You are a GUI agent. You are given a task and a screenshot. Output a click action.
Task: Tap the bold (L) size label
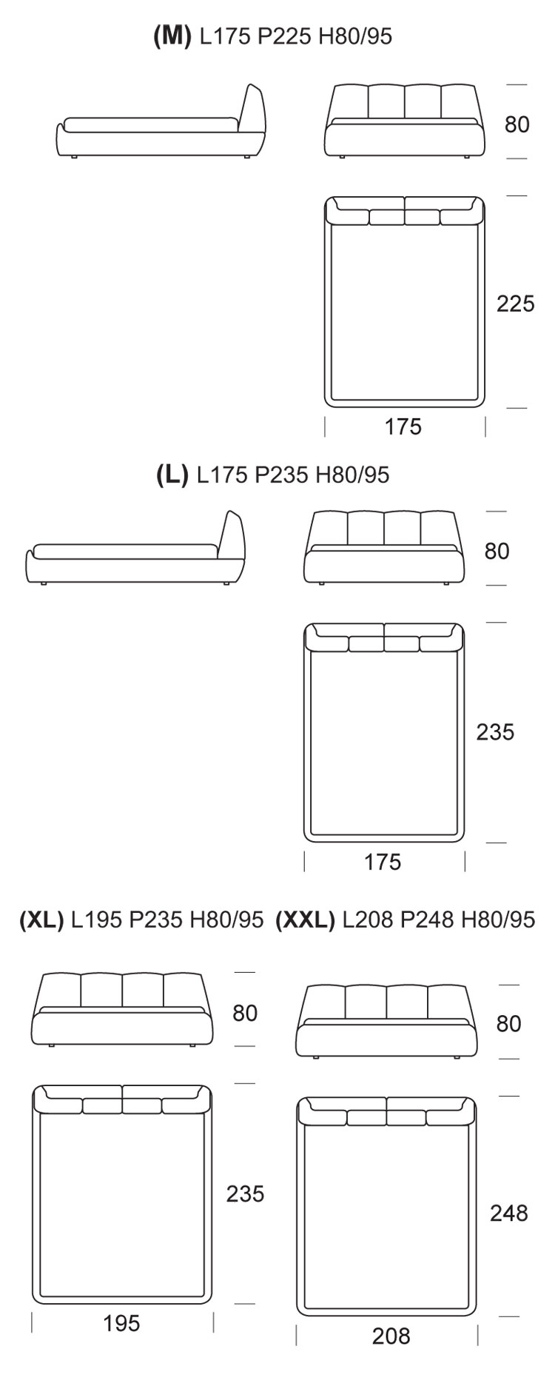pos(172,475)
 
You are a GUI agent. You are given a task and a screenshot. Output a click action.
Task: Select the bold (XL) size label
pos(41,920)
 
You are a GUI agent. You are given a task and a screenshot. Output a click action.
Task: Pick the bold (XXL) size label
pos(305,920)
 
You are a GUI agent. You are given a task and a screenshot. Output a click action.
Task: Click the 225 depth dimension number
pos(515,304)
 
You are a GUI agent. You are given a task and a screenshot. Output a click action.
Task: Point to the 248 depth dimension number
pos(509,1213)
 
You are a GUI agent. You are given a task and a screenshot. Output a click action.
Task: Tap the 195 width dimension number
pos(121,1323)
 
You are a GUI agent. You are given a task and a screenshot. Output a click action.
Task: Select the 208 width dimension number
pos(391,1336)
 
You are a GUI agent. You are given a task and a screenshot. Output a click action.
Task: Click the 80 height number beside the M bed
pos(517,124)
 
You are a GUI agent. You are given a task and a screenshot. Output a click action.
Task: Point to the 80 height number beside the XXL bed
pos(509,1023)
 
